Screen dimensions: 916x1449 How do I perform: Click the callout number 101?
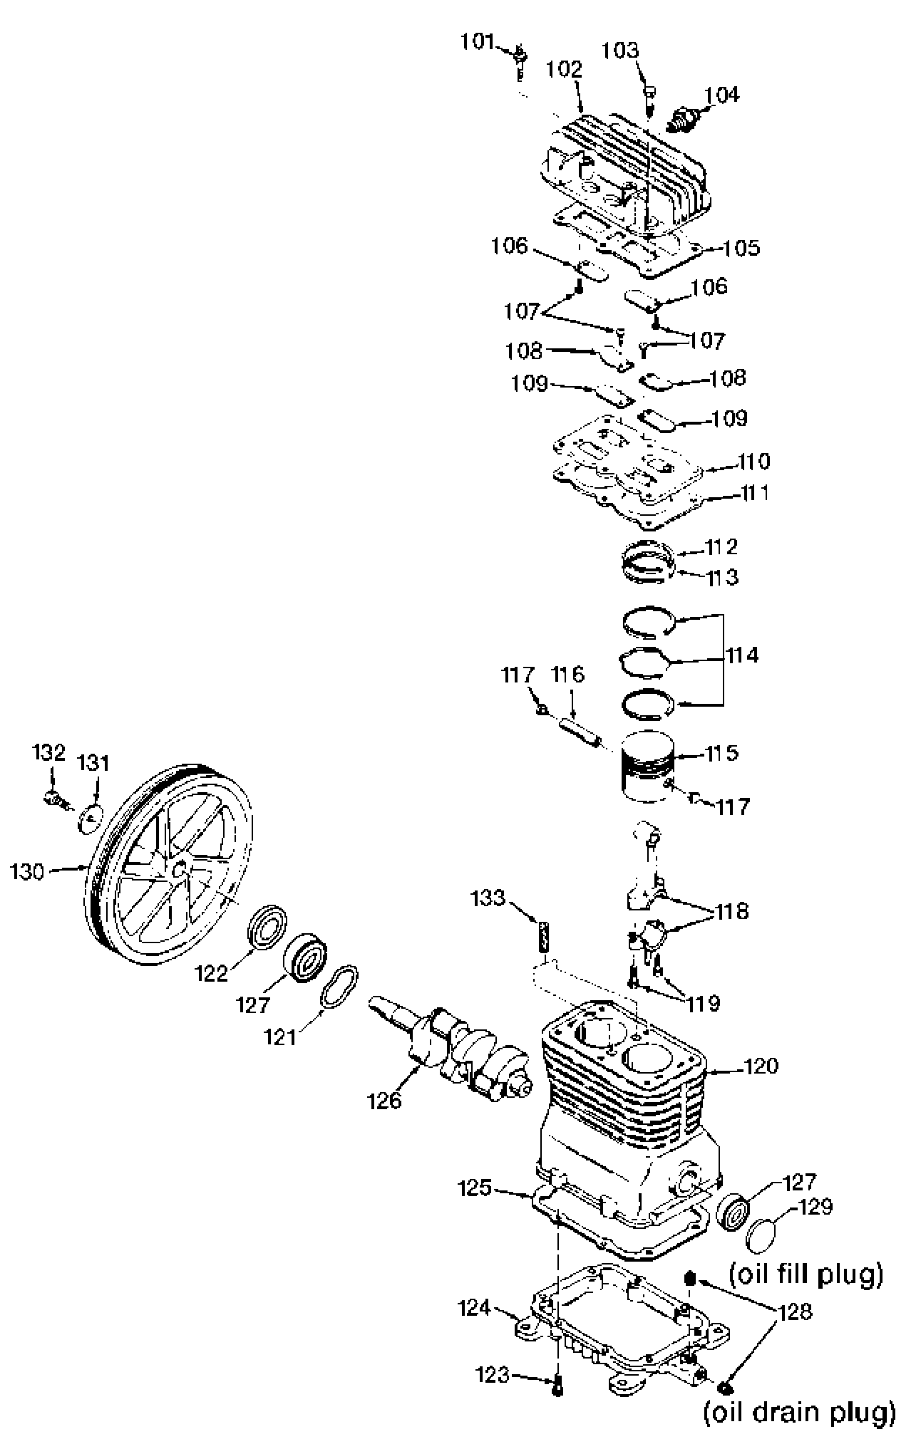477,41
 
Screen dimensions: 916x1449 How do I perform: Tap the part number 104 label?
722,95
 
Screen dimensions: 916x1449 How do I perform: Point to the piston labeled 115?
647,767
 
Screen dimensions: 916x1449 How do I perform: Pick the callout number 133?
488,898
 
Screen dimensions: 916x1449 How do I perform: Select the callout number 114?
742,655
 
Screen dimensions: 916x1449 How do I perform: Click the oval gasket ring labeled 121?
338,986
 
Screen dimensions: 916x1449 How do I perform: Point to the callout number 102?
565,70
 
